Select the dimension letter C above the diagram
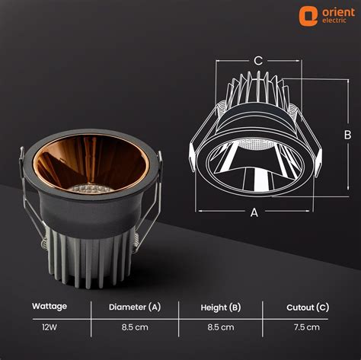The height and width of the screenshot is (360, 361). coord(258,60)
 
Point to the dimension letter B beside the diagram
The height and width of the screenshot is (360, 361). coord(347,134)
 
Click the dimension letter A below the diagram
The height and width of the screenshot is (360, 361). coord(254,212)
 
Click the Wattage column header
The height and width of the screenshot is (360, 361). coord(50,306)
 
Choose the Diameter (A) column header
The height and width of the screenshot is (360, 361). coord(135,307)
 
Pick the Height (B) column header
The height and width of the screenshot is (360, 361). coord(221,307)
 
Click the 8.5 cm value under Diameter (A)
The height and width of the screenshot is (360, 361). coord(134,327)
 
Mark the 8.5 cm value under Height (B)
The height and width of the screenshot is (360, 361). coord(221,327)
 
